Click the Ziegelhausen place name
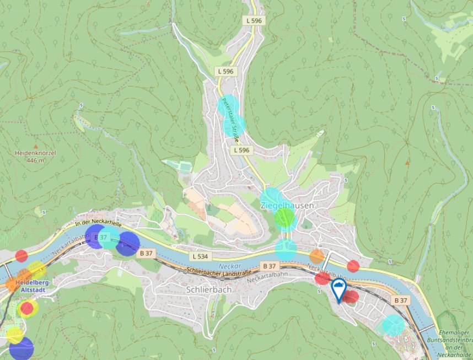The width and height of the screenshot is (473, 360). tap(287, 206)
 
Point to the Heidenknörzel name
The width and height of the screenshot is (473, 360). tap(35, 153)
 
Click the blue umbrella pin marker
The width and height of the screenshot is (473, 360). tap(338, 289)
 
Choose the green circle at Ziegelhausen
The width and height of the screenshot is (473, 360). tap(284, 218)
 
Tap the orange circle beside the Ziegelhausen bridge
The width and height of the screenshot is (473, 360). tap(317, 256)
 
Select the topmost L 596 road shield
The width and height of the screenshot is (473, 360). tap(254, 20)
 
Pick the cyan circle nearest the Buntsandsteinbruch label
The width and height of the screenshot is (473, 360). tap(393, 324)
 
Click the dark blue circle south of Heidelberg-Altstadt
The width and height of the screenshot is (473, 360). tap(21, 349)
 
